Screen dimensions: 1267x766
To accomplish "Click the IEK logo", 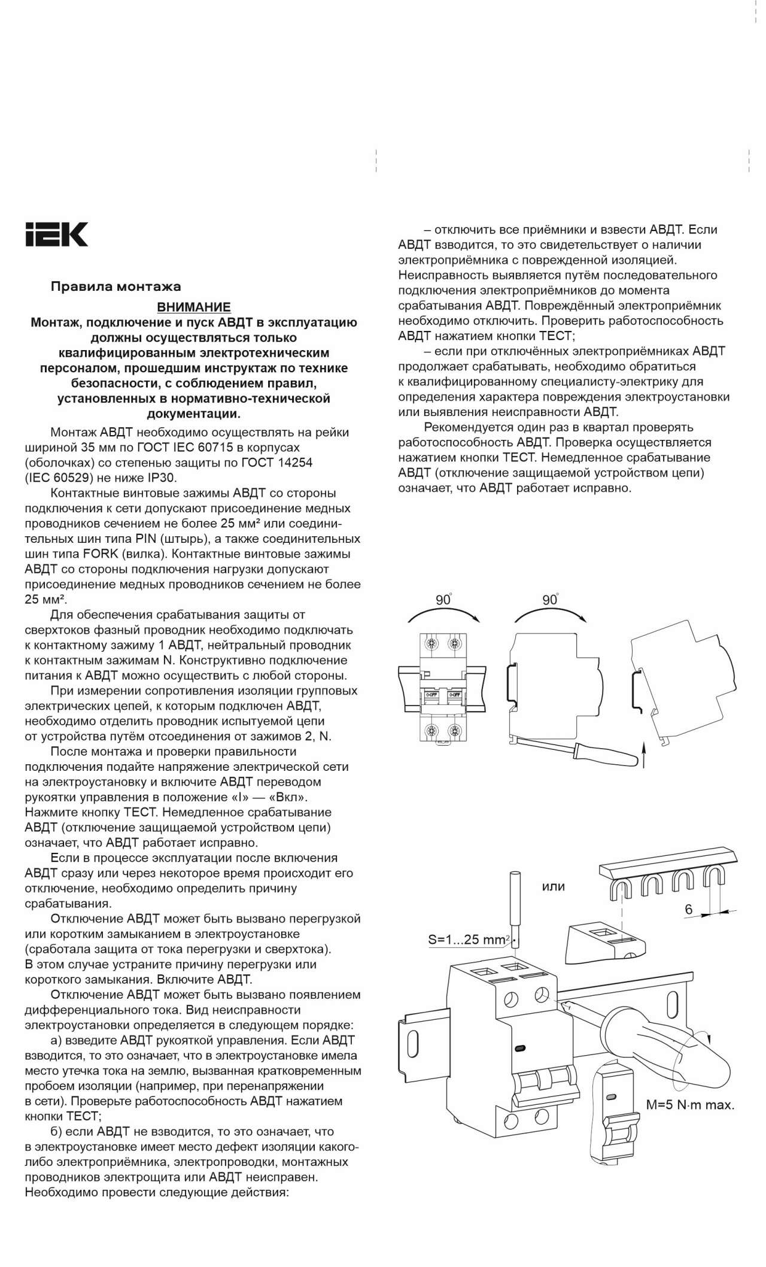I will [56, 234].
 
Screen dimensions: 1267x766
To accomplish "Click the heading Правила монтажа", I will [115, 287].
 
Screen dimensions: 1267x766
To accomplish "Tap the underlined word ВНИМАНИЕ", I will [193, 308].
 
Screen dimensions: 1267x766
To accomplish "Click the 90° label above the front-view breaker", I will [443, 599].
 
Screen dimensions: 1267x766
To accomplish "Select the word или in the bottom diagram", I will [553, 886].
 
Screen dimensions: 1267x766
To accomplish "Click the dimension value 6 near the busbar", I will [689, 909].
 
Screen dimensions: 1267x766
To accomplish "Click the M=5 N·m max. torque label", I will [690, 1105].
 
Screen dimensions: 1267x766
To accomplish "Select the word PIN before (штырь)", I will [146, 538].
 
